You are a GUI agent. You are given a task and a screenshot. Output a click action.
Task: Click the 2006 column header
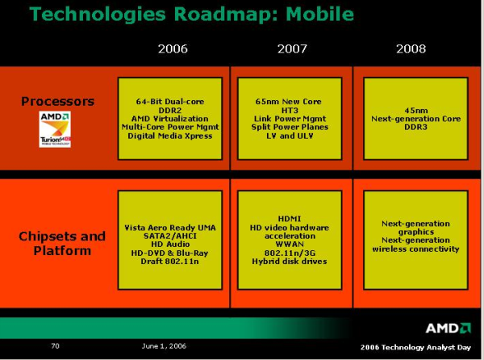173,49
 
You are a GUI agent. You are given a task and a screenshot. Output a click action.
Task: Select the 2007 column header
293,49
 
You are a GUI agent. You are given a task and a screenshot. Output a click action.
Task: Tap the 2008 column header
411,49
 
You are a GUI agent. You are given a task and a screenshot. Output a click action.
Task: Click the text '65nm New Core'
293,101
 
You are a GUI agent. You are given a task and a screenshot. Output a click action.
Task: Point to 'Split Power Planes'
293,127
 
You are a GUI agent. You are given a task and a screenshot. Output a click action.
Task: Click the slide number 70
56,346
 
